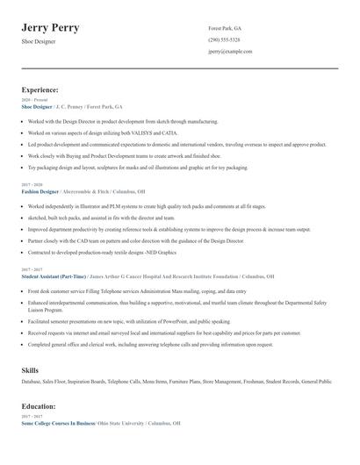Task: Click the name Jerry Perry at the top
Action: (x=50, y=28)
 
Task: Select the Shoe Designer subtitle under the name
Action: (x=40, y=41)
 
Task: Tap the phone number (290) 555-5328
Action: (x=224, y=40)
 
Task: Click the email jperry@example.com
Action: (x=230, y=52)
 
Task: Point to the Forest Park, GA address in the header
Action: (x=225, y=28)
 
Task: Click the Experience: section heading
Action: (x=40, y=89)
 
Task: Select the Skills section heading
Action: (x=30, y=370)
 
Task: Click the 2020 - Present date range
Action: (x=32, y=100)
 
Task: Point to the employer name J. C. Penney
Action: (x=76, y=106)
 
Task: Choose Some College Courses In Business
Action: (x=58, y=423)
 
